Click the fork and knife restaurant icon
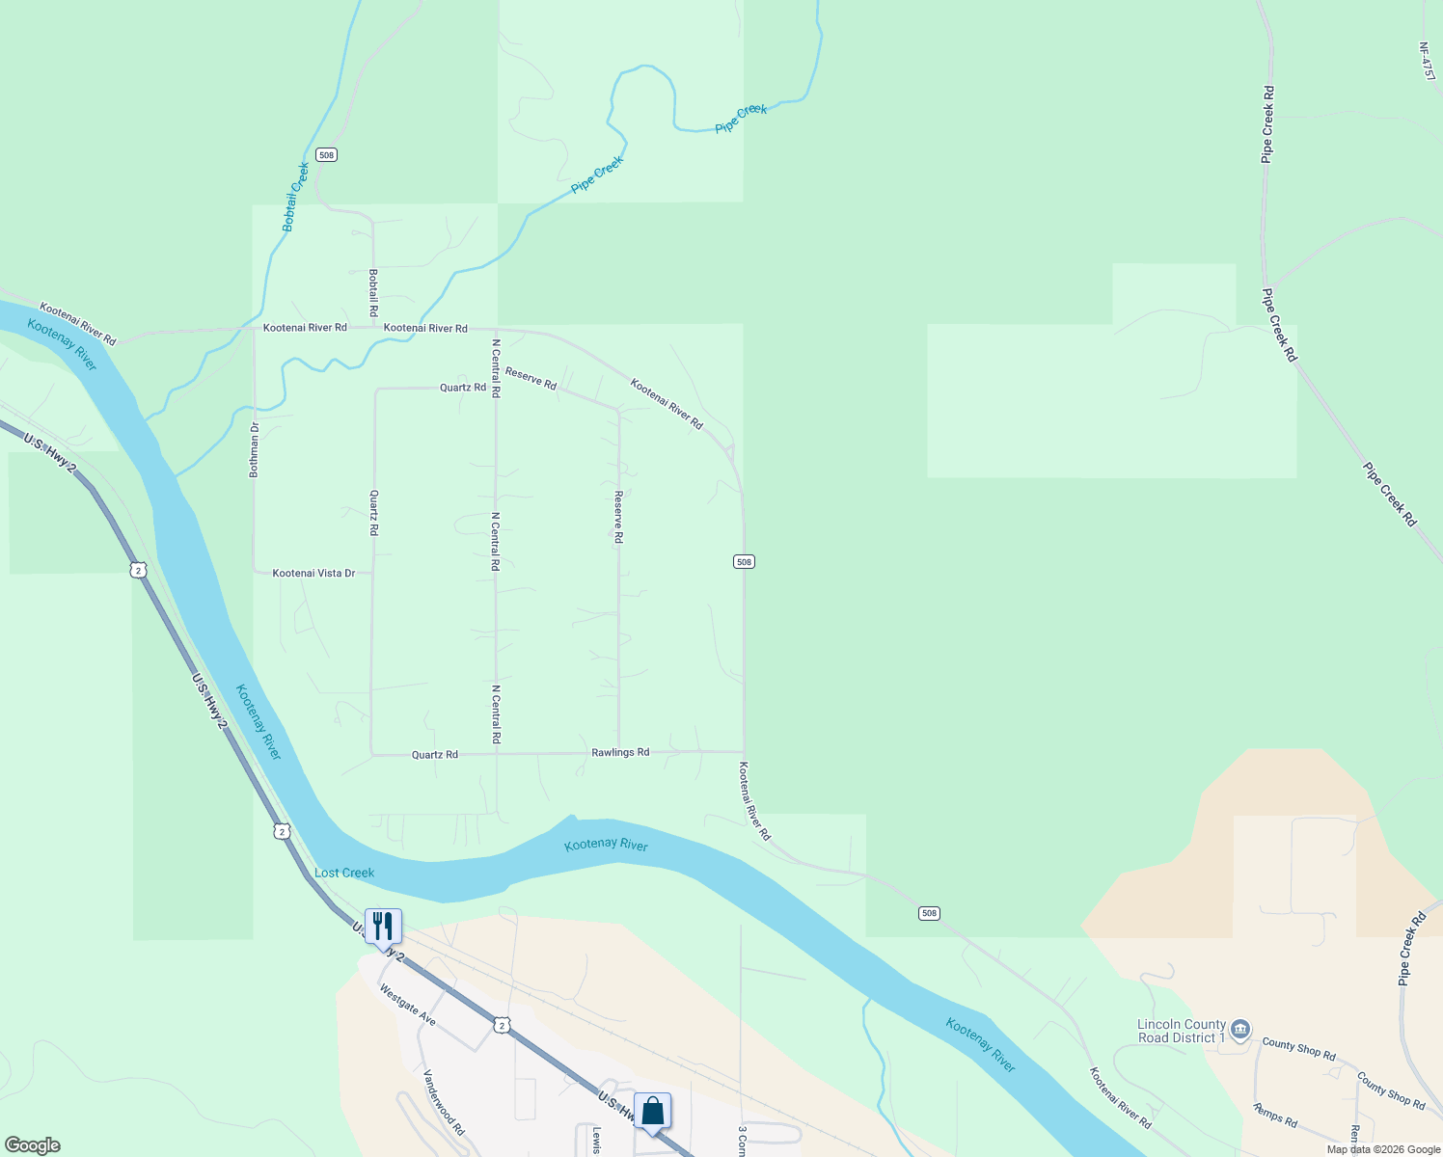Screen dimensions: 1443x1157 coord(383,927)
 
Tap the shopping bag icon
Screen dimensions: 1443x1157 coord(652,1111)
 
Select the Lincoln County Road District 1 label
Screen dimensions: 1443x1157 coord(1182,1031)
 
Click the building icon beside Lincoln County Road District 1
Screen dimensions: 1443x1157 coord(1241,1029)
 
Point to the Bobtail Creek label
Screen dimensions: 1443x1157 coord(295,197)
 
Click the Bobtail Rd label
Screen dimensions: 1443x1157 coord(373,293)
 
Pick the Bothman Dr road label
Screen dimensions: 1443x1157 coord(255,450)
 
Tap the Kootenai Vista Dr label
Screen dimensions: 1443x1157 coord(313,573)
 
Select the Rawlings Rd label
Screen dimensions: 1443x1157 coord(620,752)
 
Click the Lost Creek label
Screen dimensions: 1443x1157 coord(344,873)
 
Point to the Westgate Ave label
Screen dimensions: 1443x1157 coord(407,1005)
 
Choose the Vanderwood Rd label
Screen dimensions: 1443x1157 coord(445,1102)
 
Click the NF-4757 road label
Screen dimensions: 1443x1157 coord(1428,61)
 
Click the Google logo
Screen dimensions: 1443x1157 coord(33,1145)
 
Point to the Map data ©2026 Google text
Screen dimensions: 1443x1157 coord(1383,1149)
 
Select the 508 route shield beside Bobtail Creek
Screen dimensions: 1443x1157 coord(326,154)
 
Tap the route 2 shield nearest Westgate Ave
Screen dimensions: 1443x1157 coord(501,1024)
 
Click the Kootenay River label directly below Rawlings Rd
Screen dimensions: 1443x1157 coord(606,845)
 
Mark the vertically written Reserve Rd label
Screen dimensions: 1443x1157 coord(618,517)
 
